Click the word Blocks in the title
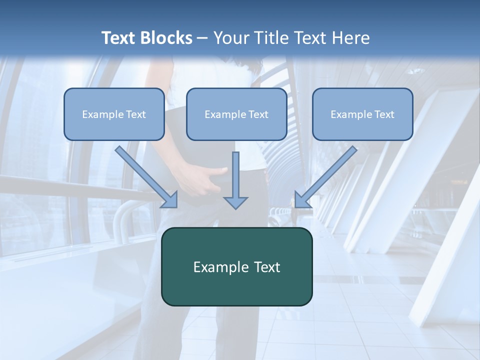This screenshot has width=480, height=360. pos(167,38)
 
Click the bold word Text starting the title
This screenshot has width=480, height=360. pos(119,38)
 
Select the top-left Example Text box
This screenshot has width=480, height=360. pos(114,114)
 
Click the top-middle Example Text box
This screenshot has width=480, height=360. pos(236,114)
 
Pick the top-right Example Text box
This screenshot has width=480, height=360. pos(362,114)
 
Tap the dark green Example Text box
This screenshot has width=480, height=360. pos(236,267)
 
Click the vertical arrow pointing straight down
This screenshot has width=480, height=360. pos(235,177)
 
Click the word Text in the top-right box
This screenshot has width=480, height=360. pos(384,114)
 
